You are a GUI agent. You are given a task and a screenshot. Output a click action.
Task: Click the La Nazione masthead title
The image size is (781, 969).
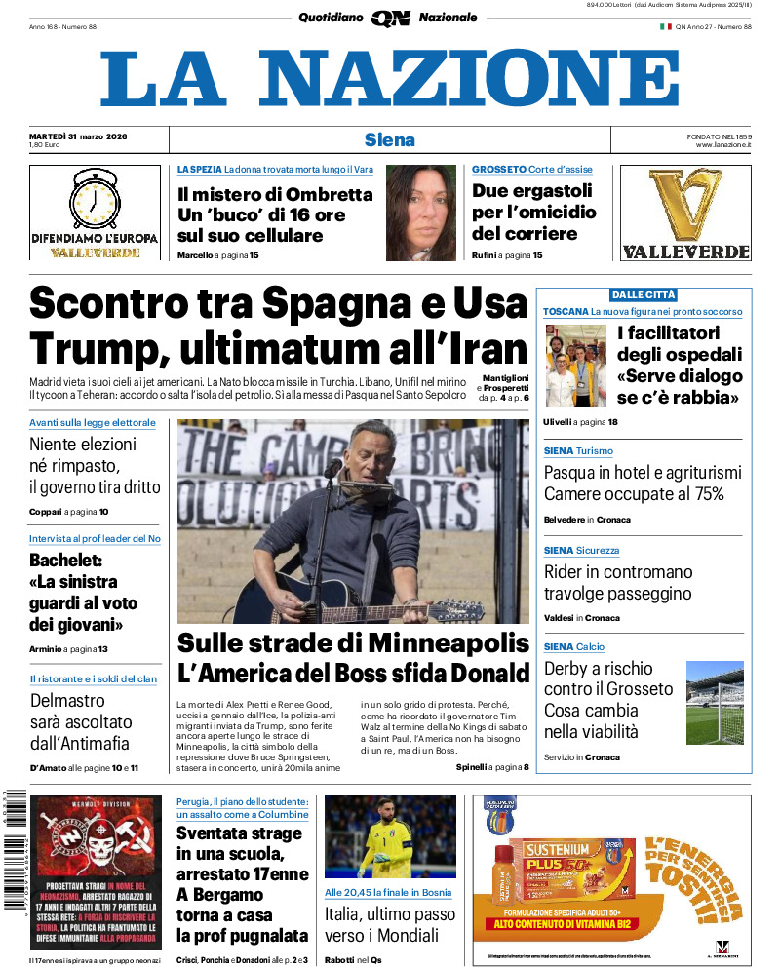[390, 78]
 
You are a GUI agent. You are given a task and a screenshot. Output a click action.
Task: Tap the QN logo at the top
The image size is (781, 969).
[390, 18]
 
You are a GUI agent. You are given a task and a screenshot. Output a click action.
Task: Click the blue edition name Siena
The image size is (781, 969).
[390, 139]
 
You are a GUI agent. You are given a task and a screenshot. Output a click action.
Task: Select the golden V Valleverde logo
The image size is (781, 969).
[684, 206]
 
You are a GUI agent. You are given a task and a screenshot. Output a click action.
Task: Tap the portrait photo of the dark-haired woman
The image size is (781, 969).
[421, 213]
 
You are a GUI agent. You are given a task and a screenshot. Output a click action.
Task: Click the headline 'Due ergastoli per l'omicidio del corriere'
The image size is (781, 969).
[532, 213]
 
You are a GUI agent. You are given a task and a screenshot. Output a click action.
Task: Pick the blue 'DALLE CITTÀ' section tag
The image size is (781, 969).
[644, 294]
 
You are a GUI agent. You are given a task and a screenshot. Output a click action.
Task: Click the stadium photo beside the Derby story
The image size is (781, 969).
[715, 702]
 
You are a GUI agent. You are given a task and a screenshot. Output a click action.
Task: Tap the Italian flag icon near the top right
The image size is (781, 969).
[666, 26]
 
